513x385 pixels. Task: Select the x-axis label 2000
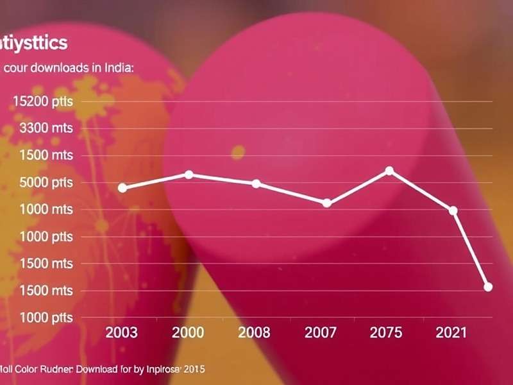tap(188, 332)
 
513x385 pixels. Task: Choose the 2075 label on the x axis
tap(387, 332)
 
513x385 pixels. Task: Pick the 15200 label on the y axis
tap(42, 101)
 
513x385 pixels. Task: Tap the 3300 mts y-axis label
tap(46, 128)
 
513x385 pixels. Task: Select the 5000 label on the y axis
tap(46, 182)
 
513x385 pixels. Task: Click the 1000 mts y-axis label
tap(46, 209)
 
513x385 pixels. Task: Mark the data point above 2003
tap(122, 187)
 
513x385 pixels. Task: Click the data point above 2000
tap(189, 175)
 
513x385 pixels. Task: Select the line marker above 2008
tap(256, 184)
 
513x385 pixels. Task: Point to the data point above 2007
tap(326, 203)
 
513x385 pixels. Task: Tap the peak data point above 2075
tap(389, 171)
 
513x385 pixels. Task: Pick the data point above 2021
tap(453, 210)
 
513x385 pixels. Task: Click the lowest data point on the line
tap(488, 287)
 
